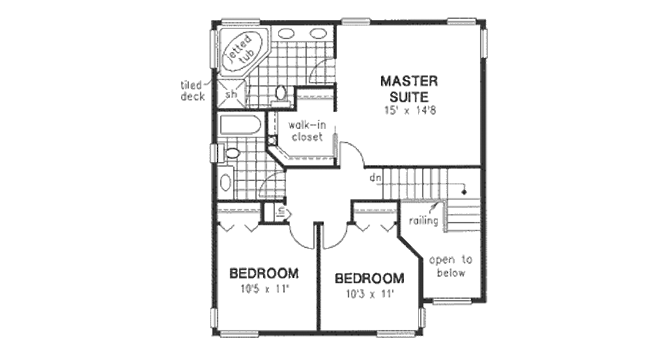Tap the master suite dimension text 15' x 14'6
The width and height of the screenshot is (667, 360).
[x=409, y=110]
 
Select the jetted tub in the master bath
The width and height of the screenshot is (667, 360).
[x=241, y=50]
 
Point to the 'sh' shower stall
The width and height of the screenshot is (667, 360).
[x=231, y=95]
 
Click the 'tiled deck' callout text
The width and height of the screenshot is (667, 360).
[x=193, y=91]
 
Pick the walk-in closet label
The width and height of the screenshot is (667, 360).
[x=307, y=132]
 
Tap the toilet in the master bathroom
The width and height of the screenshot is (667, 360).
[x=281, y=92]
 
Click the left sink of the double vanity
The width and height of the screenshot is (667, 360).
[x=287, y=33]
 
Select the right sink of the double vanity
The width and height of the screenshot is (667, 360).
[x=317, y=33]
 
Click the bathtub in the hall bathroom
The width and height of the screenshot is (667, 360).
[x=239, y=124]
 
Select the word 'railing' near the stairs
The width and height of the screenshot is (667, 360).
[x=423, y=221]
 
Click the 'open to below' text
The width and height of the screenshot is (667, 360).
[x=451, y=266]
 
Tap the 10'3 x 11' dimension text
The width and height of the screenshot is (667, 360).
[x=369, y=294]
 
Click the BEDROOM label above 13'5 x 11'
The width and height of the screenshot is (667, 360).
[x=263, y=273]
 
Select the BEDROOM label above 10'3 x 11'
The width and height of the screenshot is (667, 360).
[x=369, y=279]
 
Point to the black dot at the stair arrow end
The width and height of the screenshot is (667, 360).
[x=464, y=193]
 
